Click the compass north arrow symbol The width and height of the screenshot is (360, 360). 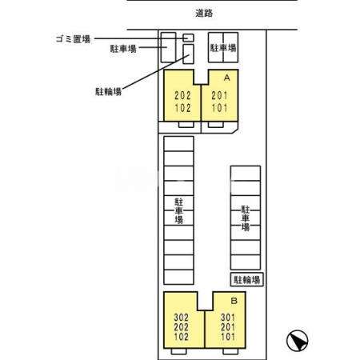click(298, 340)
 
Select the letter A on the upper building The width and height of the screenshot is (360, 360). click(226, 78)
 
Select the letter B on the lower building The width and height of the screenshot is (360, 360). click(234, 301)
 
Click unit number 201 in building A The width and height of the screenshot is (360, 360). click(219, 94)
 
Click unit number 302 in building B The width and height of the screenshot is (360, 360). click(182, 317)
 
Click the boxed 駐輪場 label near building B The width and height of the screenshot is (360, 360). click(248, 279)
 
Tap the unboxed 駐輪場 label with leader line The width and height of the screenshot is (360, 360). click(106, 91)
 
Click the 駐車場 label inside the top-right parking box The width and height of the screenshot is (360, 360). click(223, 48)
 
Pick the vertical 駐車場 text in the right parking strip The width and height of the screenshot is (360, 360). click(246, 217)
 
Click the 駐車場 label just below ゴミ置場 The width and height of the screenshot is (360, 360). click(123, 49)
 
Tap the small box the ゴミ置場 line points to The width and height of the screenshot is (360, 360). click(189, 38)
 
